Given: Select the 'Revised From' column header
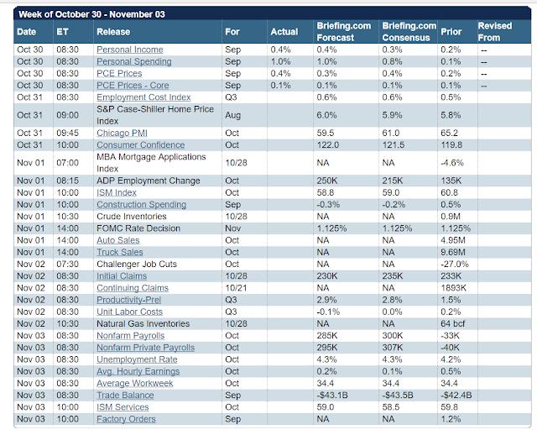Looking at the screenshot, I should (x=494, y=32).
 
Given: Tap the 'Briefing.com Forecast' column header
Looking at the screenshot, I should (x=343, y=32).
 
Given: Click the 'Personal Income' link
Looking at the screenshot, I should (x=129, y=50).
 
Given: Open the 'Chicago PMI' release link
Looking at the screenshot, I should (x=123, y=132).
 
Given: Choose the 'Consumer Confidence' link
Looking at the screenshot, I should (x=141, y=144).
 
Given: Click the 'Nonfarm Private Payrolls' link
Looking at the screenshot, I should (x=145, y=347).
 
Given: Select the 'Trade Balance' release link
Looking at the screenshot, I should (x=125, y=395).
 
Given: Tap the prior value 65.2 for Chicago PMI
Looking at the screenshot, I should (x=450, y=132).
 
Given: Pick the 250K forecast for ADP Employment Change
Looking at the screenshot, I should (x=328, y=181).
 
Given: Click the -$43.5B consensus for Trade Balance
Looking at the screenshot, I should (x=399, y=395).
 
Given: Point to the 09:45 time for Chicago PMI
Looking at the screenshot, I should (x=68, y=132).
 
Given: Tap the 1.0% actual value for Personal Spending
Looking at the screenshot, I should (x=281, y=61).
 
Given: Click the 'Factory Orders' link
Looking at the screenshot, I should (x=126, y=418).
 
